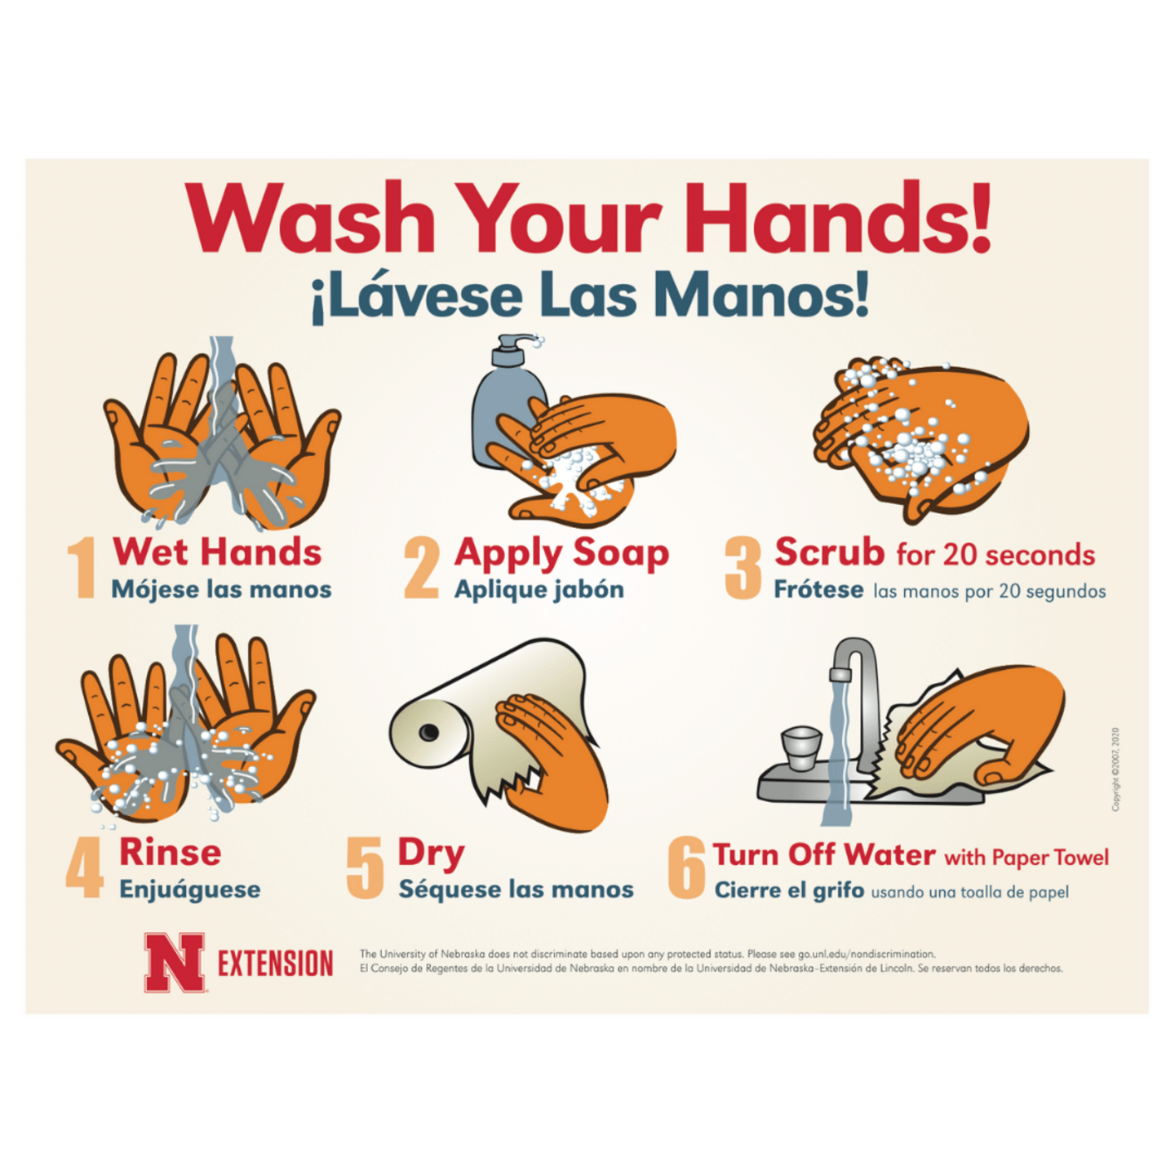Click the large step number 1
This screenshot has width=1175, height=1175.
pyautogui.click(x=82, y=568)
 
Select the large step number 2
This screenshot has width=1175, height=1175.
pyautogui.click(x=422, y=568)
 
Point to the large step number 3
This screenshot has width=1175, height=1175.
pyautogui.click(x=743, y=568)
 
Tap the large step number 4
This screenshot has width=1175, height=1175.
pyautogui.click(x=84, y=868)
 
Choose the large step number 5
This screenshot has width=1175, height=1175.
pyautogui.click(x=365, y=868)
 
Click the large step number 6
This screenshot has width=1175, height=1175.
pyautogui.click(x=686, y=868)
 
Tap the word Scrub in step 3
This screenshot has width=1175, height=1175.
pyautogui.click(x=829, y=552)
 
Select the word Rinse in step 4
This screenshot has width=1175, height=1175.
pyautogui.click(x=170, y=853)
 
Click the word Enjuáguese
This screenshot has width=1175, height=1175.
pyautogui.click(x=189, y=889)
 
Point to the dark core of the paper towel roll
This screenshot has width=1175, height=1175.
pyautogui.click(x=428, y=732)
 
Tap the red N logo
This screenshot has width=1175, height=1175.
pyautogui.click(x=175, y=963)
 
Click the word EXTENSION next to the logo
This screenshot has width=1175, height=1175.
pyautogui.click(x=275, y=964)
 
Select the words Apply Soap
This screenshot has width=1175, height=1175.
pyautogui.click(x=561, y=553)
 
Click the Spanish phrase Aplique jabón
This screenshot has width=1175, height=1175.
pyautogui.click(x=539, y=590)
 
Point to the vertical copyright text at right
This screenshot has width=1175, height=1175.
pyautogui.click(x=1115, y=769)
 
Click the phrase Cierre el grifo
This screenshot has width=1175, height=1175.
pyautogui.click(x=789, y=890)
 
